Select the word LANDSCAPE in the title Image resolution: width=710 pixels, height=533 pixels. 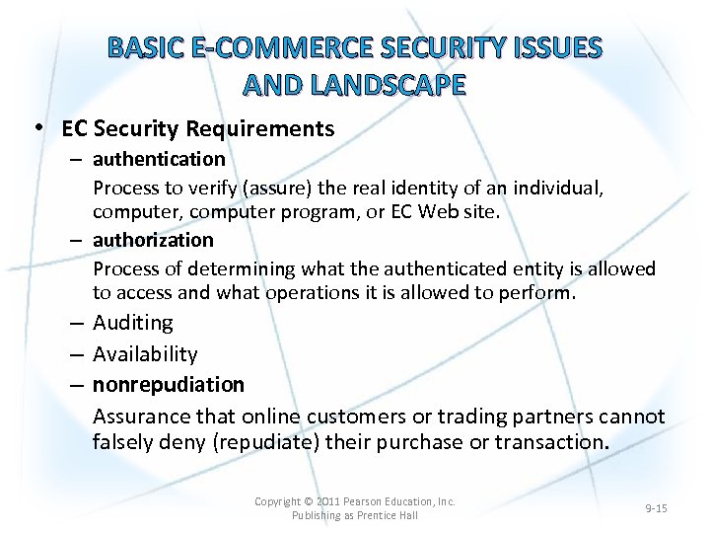pyautogui.click(x=389, y=86)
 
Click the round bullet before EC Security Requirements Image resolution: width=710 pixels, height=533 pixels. pyautogui.click(x=36, y=128)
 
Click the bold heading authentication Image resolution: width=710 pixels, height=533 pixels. pyautogui.click(x=159, y=159)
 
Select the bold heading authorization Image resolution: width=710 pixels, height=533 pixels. pyautogui.click(x=153, y=240)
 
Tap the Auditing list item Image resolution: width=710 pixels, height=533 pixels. pyautogui.click(x=133, y=323)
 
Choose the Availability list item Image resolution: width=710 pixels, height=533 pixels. pyautogui.click(x=145, y=353)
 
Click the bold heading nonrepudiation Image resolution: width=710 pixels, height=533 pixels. pyautogui.click(x=169, y=384)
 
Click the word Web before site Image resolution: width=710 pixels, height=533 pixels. pyautogui.click(x=440, y=212)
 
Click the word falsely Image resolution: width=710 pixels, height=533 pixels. pyautogui.click(x=124, y=442)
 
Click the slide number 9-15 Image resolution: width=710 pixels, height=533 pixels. pyautogui.click(x=656, y=508)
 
